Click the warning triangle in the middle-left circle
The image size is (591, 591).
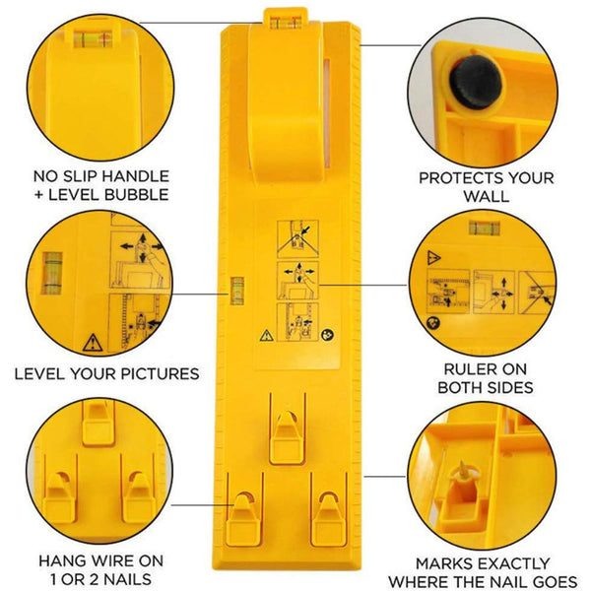tap(92, 343)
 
